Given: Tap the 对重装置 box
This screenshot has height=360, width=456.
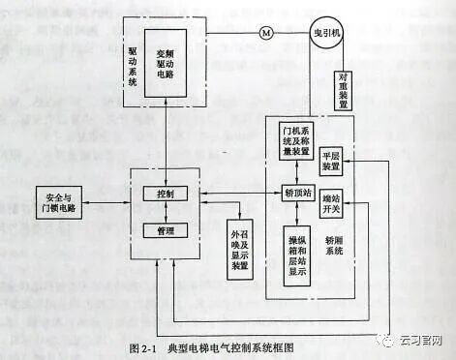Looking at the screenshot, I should [344, 89].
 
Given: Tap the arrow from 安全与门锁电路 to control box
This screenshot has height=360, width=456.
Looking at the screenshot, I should [117, 199].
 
